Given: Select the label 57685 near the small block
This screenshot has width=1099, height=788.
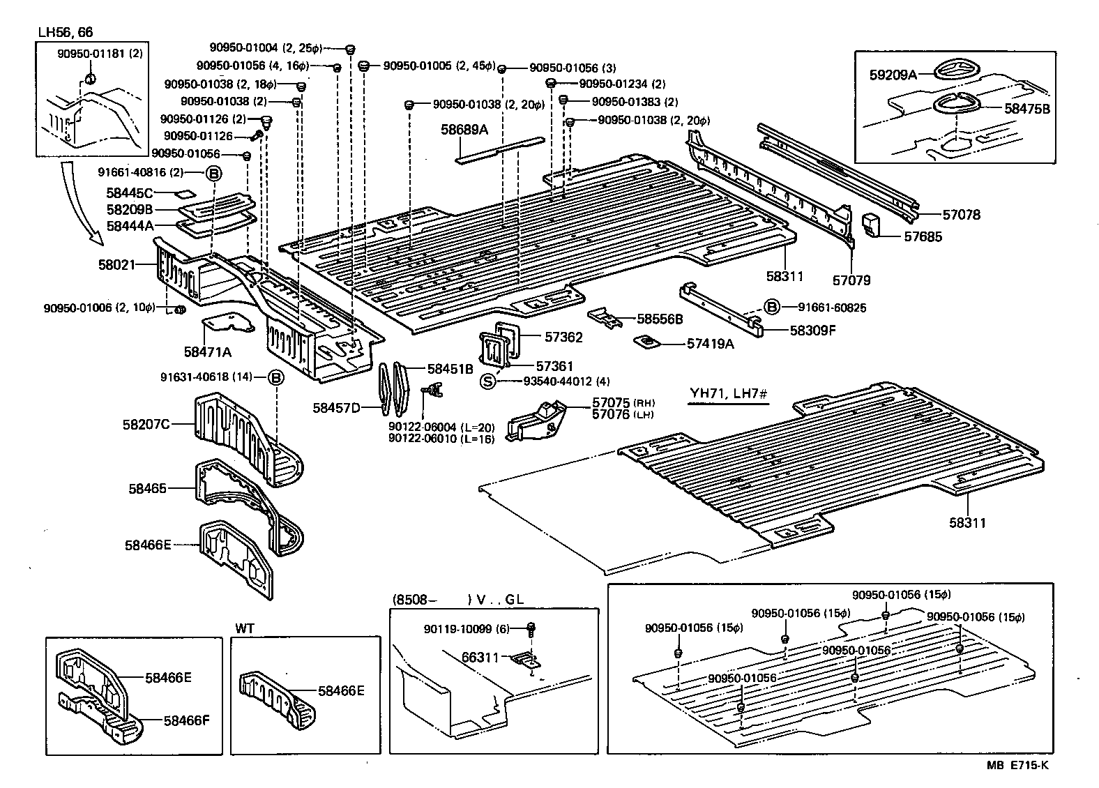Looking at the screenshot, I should coord(923,236).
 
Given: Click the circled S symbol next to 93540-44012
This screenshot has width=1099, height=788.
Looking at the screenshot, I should coord(488,381).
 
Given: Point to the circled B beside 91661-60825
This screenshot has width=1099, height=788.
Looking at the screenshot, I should coord(771,307).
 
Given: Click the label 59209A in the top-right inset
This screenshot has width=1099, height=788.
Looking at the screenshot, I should coord(893,74).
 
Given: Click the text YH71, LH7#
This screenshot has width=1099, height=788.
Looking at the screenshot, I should coord(729,394).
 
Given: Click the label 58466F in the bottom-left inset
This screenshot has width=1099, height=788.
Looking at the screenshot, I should coord(186,721).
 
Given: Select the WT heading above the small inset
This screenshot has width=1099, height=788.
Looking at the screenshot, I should coord(245,628).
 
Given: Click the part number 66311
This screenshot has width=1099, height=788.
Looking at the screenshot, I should coord(480,657).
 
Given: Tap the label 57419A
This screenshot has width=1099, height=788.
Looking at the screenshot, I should coord(711,343).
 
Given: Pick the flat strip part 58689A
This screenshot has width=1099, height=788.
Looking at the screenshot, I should coord(499,150).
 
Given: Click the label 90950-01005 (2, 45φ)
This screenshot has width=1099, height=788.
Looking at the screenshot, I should coord(439,66).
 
